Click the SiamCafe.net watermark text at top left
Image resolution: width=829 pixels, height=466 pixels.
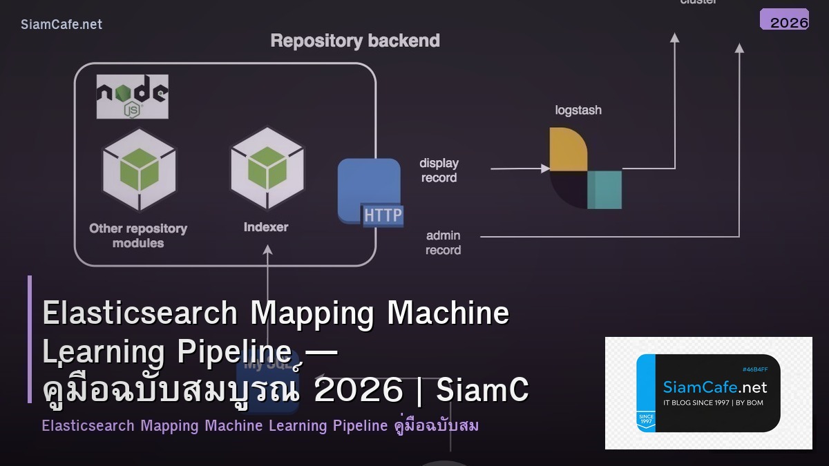coord(61,24)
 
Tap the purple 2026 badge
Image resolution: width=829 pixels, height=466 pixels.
coord(784,20)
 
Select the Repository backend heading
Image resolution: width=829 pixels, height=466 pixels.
coord(355,41)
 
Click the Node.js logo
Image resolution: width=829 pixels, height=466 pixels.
coord(132,97)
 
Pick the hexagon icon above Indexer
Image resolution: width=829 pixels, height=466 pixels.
coord(267,168)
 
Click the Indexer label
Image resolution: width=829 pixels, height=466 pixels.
coord(266,226)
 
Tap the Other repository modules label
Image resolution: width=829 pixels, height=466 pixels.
coord(138,235)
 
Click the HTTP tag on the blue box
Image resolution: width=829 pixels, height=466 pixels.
coord(383,215)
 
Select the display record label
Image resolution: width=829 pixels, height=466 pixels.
coord(439,171)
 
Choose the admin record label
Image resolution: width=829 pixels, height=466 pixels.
coord(443,243)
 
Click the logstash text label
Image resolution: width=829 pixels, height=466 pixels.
coord(578,110)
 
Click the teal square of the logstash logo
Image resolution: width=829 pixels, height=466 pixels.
coord(604,190)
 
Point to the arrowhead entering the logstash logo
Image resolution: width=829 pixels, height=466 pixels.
coord(544,168)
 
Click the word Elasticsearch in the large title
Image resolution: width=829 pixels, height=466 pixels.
coord(140,313)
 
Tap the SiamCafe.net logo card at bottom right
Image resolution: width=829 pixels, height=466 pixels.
coord(708,393)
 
